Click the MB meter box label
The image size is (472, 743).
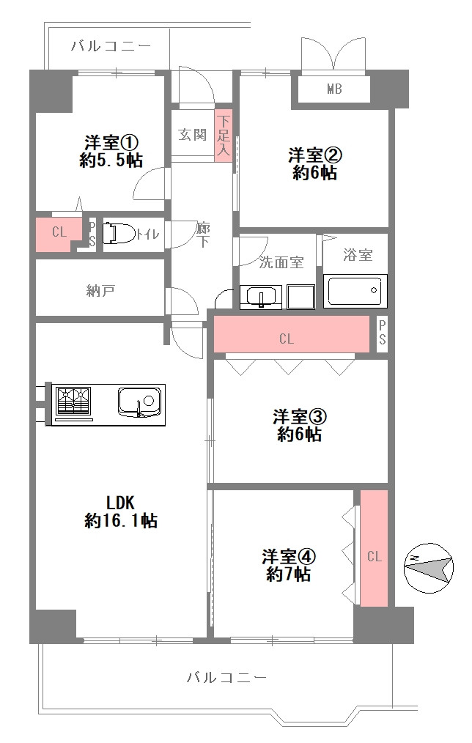(334, 89)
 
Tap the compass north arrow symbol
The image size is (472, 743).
(429, 567)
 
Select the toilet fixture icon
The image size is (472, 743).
(119, 234)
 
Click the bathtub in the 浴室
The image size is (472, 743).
(355, 291)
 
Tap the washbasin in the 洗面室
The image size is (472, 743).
(261, 297)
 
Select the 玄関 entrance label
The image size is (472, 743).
(193, 135)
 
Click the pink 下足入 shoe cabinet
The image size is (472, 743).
(224, 136)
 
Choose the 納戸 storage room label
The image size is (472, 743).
(100, 290)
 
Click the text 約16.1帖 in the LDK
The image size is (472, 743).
(121, 521)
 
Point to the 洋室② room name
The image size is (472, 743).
(314, 155)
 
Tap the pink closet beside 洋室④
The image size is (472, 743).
(375, 548)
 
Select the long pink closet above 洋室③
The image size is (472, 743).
(292, 335)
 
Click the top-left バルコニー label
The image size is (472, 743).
(111, 46)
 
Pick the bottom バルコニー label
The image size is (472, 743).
(226, 677)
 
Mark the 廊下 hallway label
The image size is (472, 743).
(203, 235)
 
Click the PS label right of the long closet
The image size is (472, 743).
(383, 333)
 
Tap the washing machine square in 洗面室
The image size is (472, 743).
(301, 297)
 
